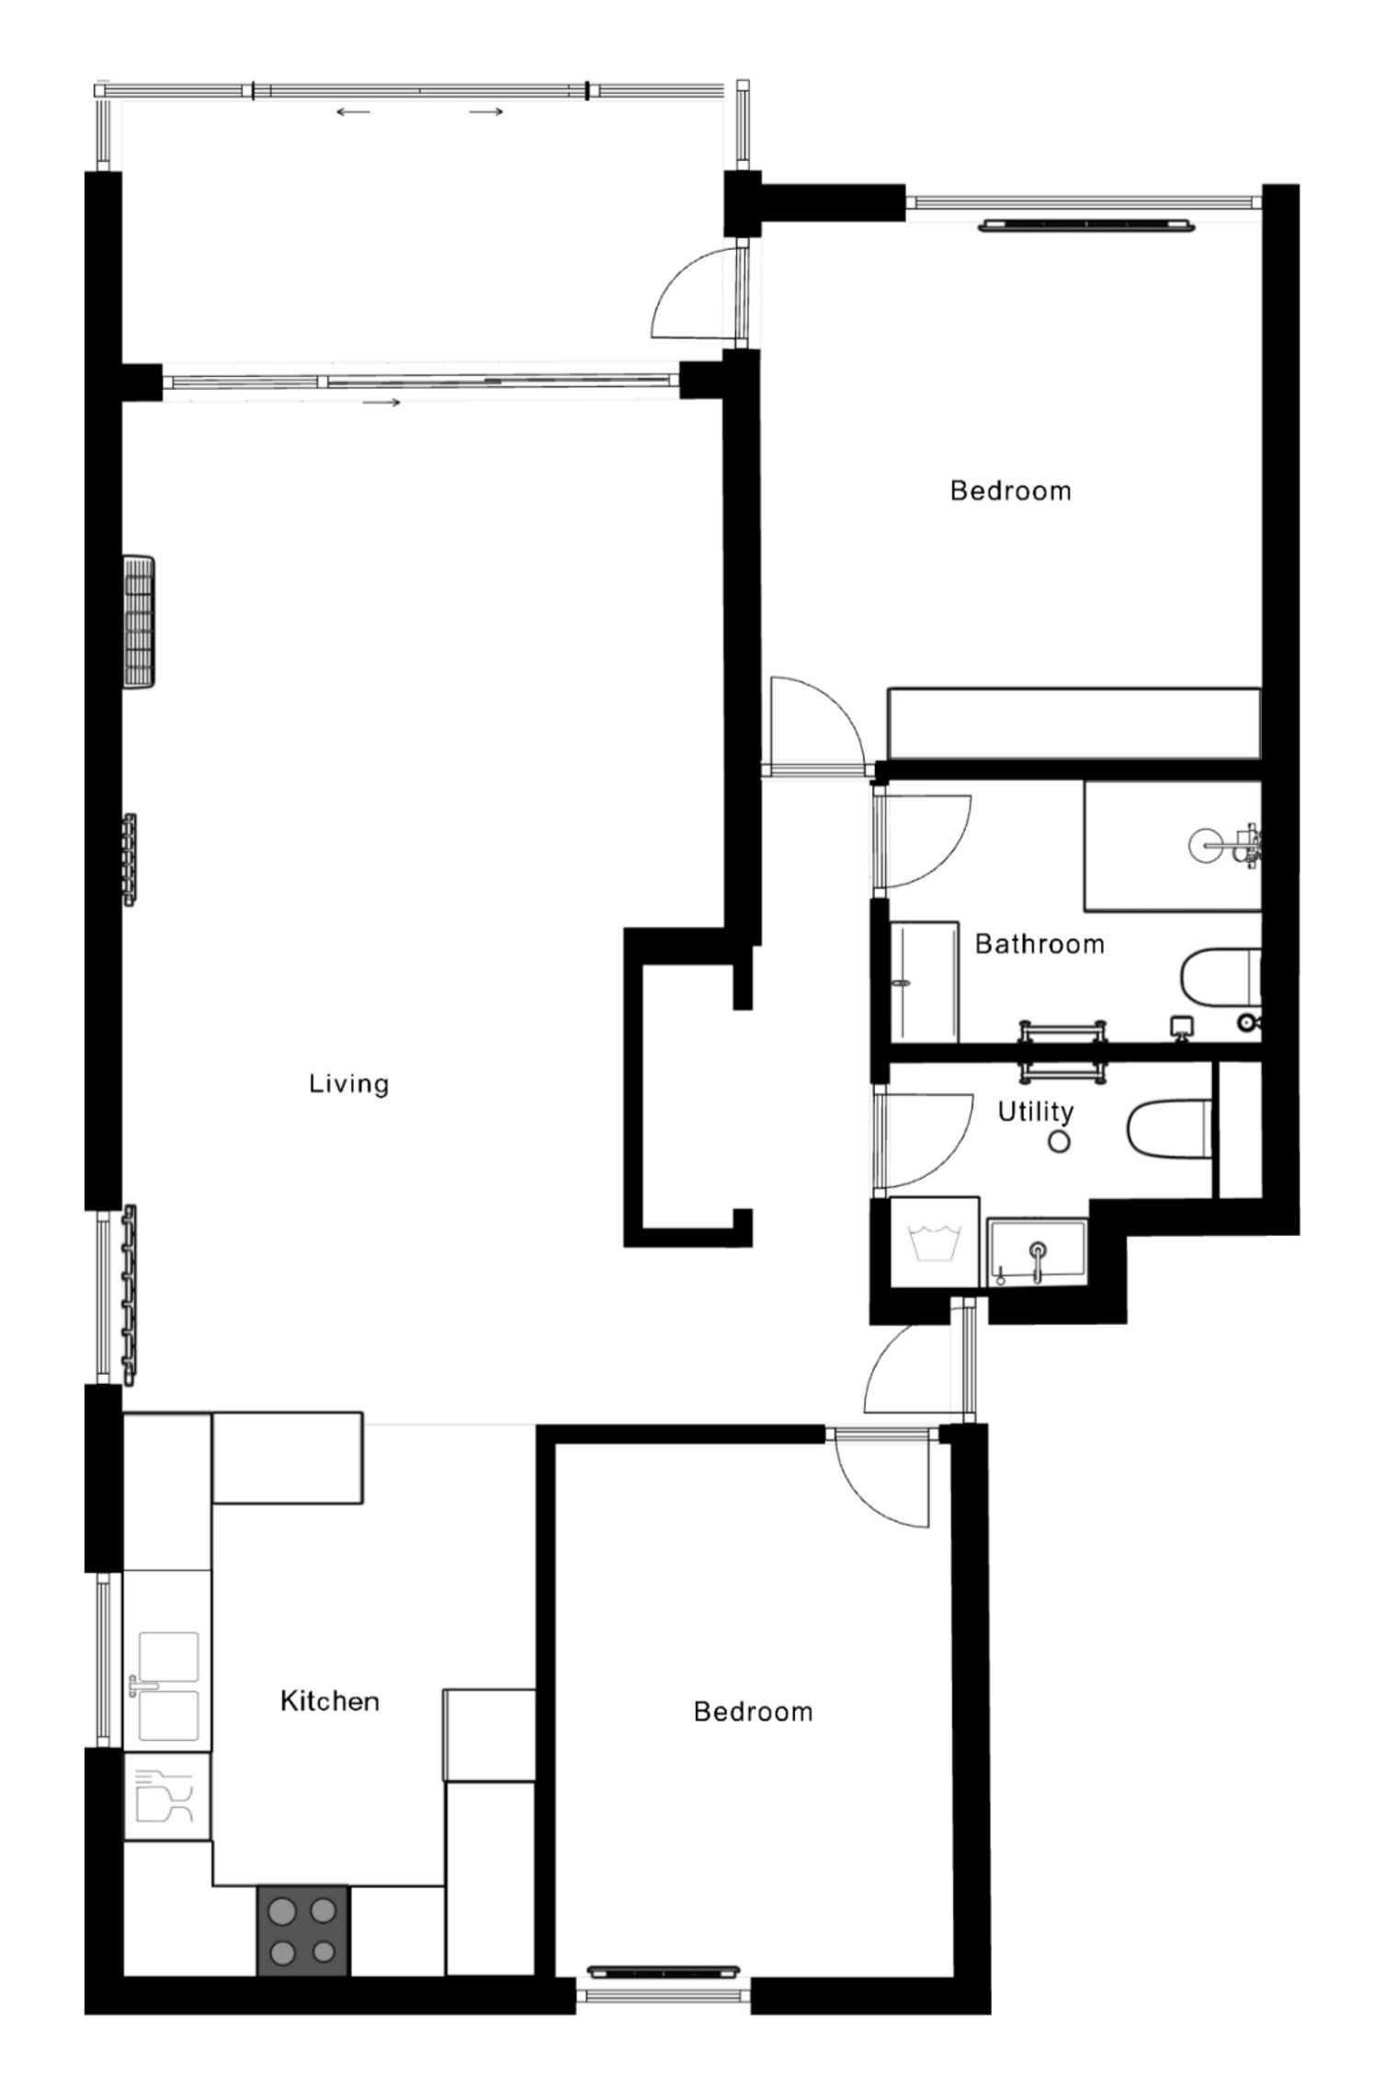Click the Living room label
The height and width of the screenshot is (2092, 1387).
coord(349,1083)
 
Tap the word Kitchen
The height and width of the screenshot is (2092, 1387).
coord(330,1700)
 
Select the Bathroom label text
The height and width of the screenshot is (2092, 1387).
coord(1040,943)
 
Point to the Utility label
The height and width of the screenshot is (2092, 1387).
coord(1036,1112)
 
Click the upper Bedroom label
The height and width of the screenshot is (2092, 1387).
coord(1011,490)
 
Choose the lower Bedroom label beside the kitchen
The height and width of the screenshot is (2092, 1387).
coord(754,1711)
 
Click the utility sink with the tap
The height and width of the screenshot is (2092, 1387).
coord(1037,1252)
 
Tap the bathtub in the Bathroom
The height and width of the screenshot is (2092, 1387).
coord(1173,846)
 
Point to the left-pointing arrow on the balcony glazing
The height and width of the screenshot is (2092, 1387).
coord(353,112)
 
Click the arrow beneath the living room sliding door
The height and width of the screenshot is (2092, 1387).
coord(382,403)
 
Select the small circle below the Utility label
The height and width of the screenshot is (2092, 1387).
coord(1060,1143)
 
